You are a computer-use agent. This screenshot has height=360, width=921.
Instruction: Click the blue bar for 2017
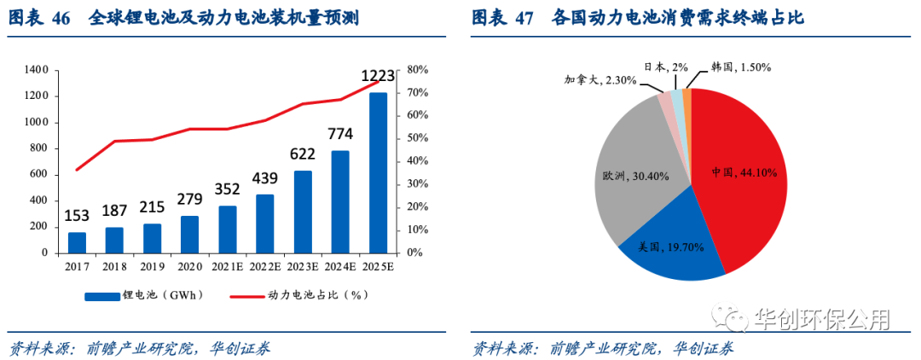point(77,242)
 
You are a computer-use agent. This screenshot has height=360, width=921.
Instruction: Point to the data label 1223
point(378,78)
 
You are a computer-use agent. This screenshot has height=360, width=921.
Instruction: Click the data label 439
point(265,178)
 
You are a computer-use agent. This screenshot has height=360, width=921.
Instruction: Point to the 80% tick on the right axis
point(418,69)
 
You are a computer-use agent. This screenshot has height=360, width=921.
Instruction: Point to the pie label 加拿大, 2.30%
point(600,79)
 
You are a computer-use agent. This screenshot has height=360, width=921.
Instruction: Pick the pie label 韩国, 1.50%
point(740,67)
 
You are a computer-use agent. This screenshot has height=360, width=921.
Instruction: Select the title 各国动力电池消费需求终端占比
point(678,18)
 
